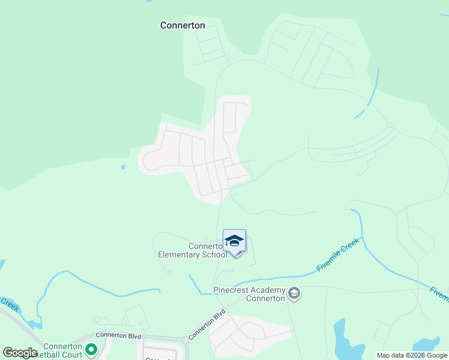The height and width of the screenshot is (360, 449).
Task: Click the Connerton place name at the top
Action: [182, 25]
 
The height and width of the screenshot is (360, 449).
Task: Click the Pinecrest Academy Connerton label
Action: [249, 294]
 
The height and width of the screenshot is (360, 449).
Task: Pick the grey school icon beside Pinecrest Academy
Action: [294, 293]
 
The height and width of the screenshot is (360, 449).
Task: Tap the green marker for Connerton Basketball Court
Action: [91, 349]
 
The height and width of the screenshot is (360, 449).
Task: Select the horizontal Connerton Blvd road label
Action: [116, 336]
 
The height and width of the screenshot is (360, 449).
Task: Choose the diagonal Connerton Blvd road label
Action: [206, 325]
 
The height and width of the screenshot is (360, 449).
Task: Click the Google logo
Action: [20, 353]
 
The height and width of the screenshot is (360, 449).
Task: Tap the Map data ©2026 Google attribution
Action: [412, 355]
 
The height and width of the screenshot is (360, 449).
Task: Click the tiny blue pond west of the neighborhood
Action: [123, 167]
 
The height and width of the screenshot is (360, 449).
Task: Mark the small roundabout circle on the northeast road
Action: [389, 125]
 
